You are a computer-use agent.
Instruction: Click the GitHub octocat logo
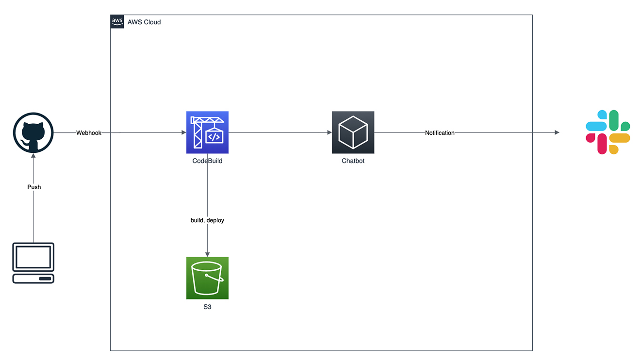coord(33,133)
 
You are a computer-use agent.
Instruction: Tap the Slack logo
coord(607,132)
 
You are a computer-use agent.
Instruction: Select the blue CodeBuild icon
coord(207,132)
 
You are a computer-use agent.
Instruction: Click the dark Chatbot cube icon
coord(353,132)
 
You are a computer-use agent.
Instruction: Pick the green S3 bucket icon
coord(207,278)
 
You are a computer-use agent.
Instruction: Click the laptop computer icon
coord(33,262)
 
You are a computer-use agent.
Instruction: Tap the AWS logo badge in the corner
coord(117,21)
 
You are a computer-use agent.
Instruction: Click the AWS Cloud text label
coord(144,22)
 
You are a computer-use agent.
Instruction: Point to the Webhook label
coord(89,132)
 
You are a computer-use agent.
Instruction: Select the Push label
coord(34,187)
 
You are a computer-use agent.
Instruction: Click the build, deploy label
coord(207,220)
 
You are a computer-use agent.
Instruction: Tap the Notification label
coord(440,132)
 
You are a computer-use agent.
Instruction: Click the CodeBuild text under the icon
coord(207,161)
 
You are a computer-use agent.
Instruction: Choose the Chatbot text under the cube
coord(353,161)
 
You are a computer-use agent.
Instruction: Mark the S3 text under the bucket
coord(207,307)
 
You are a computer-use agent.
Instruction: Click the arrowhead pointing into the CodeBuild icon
coord(183,132)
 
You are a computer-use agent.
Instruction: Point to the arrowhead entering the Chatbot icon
coord(329,132)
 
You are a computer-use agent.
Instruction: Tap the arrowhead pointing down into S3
coord(207,254)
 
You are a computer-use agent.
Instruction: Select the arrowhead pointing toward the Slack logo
coord(557,132)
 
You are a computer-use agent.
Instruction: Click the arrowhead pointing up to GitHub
coord(33,157)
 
